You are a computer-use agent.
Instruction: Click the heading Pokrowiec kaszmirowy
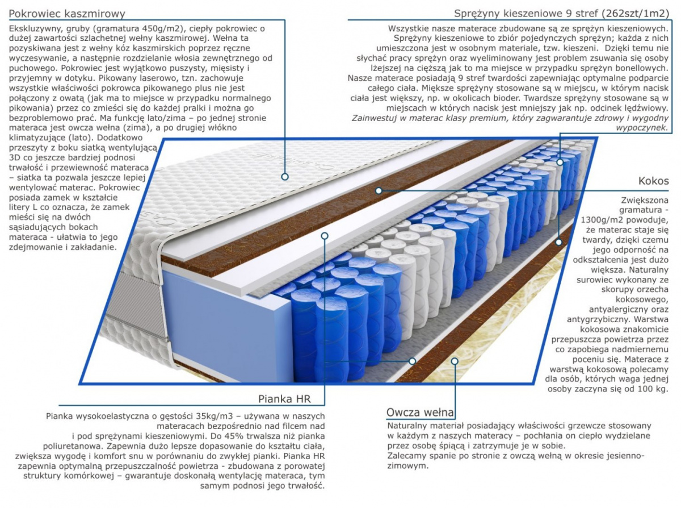(x=68, y=13)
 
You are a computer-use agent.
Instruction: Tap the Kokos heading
(x=653, y=181)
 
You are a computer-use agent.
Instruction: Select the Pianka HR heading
(x=284, y=398)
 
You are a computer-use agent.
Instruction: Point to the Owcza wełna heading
(x=420, y=411)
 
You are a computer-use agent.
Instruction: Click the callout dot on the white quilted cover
(x=284, y=177)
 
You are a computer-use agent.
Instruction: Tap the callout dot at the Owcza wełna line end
(x=454, y=360)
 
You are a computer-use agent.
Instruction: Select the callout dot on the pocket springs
(x=560, y=163)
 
